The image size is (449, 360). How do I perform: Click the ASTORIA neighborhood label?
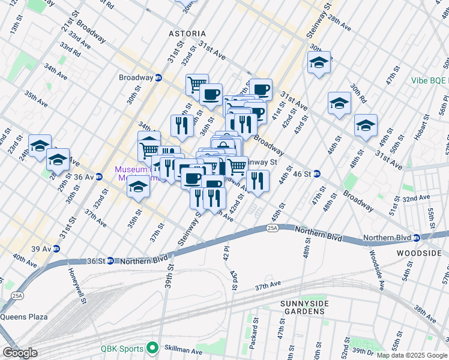[187, 34]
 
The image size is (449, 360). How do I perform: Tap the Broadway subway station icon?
[158, 77]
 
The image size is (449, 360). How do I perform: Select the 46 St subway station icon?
[317, 173]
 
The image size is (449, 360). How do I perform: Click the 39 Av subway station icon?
[56, 248]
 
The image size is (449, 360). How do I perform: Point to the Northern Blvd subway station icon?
[416, 237]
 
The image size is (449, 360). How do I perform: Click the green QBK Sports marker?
[153, 348]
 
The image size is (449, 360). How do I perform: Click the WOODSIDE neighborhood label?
[418, 253]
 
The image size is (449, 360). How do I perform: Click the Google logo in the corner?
[20, 353]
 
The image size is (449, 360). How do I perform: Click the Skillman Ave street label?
[182, 350]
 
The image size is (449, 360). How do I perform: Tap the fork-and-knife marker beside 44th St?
[258, 181]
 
